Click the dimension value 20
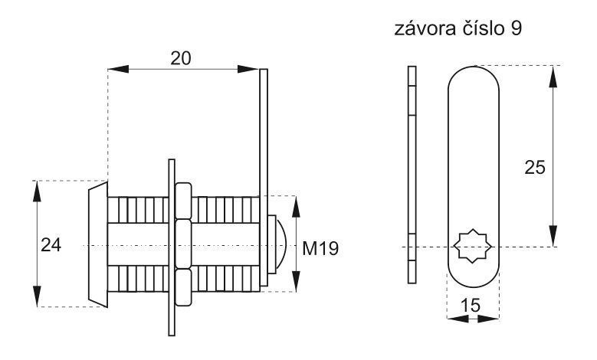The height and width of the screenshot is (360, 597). [x=180, y=59]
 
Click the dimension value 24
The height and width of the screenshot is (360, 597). [x=51, y=245]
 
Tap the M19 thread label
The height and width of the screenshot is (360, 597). [x=320, y=248]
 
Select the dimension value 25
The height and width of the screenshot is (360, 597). [x=535, y=168]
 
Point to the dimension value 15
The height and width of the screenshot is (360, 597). [x=471, y=306]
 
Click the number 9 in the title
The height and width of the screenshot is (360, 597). [x=516, y=29]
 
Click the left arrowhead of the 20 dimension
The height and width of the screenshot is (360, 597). [x=118, y=69]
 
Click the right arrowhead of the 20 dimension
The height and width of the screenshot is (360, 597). [x=248, y=69]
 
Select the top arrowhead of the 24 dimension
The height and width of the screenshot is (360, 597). [x=37, y=191]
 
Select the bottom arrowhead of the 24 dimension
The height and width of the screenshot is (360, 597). [x=37, y=296]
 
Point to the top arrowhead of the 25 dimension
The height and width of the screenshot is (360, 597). [x=553, y=77]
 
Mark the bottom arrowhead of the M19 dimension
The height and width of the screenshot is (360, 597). [x=296, y=282]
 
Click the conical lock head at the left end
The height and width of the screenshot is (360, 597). [x=98, y=244]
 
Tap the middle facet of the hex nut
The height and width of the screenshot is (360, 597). [x=183, y=244]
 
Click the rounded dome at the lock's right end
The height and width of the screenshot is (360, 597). [x=280, y=244]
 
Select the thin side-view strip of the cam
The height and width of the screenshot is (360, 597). [x=412, y=175]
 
